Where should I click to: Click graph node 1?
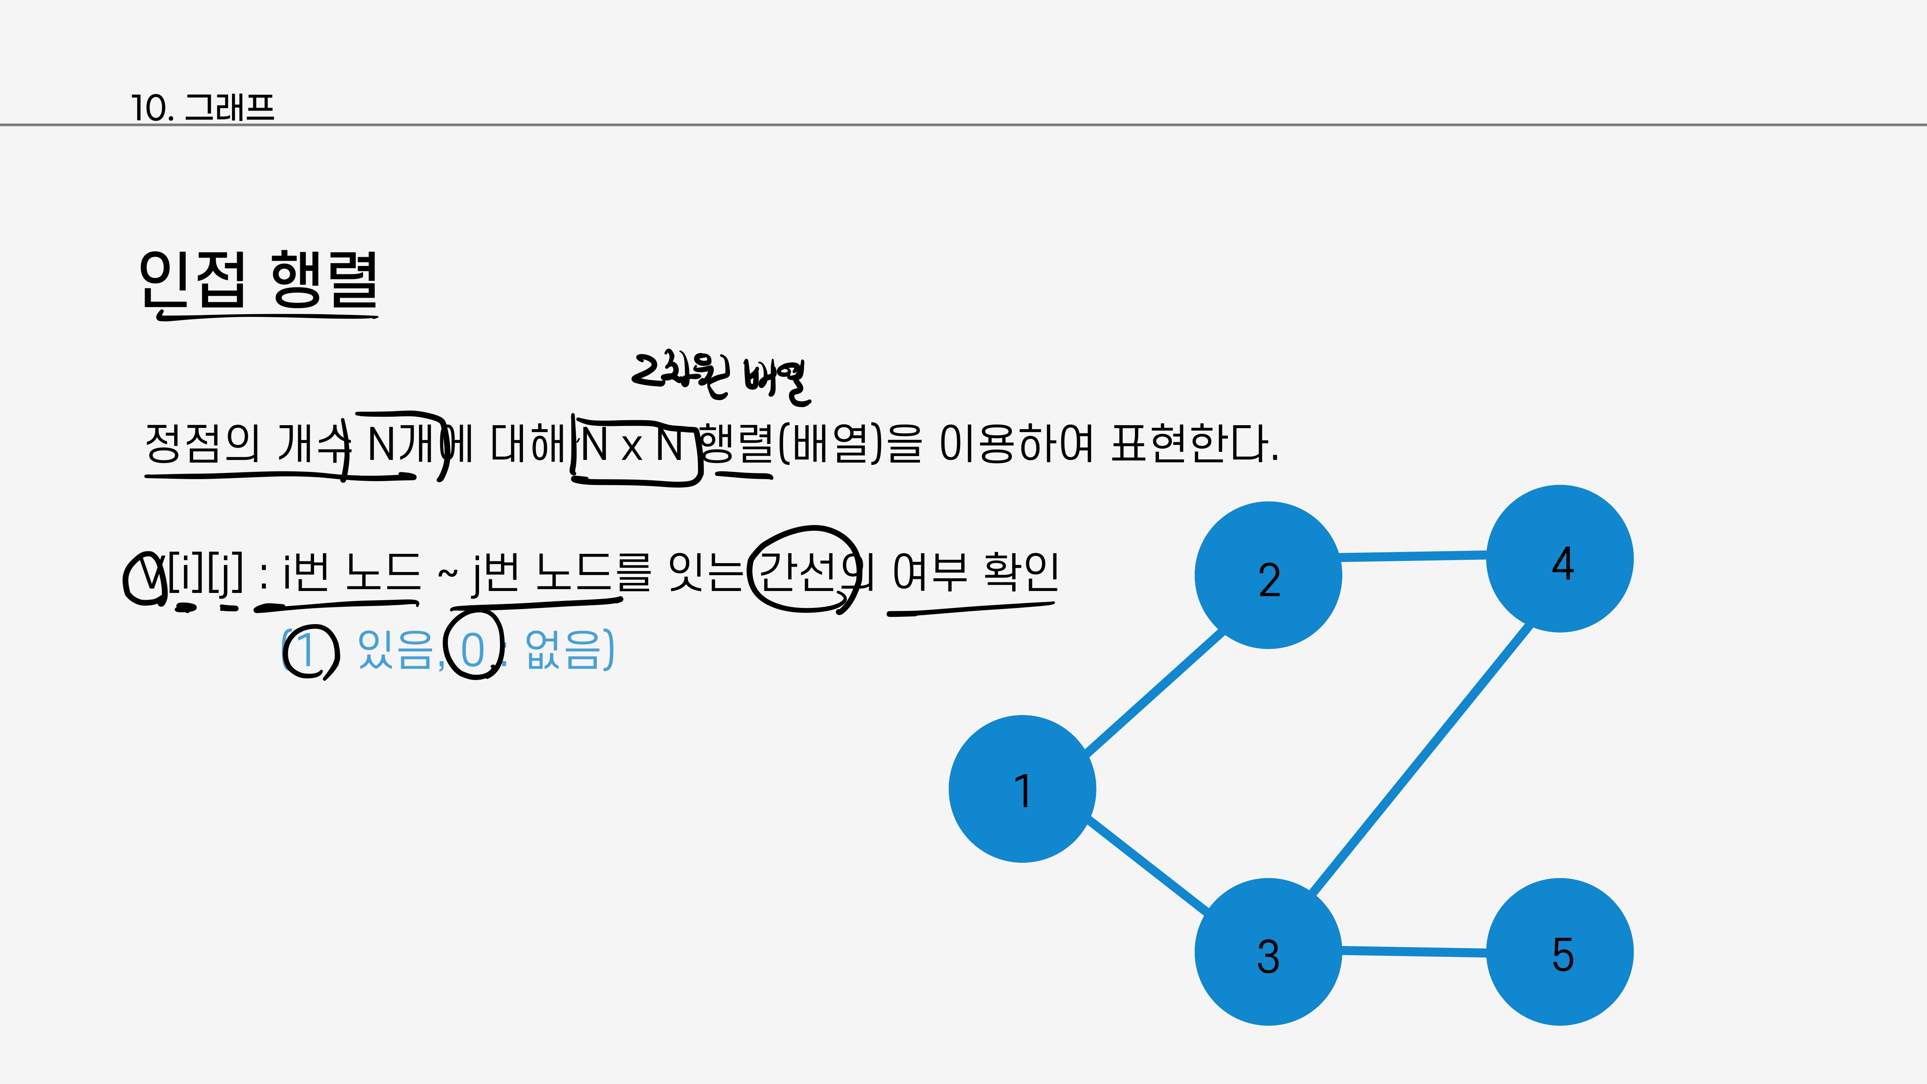[1022, 789]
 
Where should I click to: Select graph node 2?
[1268, 575]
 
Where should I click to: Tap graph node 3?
[1268, 952]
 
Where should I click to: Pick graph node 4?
[1560, 559]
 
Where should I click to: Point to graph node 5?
[1560, 952]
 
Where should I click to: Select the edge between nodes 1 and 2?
[1154, 692]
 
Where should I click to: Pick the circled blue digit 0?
[473, 649]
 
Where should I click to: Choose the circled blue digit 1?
[307, 649]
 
